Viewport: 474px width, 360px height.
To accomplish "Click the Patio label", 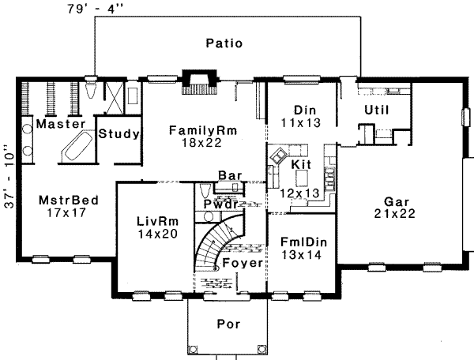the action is point(224,43).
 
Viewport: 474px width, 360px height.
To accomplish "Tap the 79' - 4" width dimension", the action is point(96,9).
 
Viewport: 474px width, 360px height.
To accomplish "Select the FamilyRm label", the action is point(203,130).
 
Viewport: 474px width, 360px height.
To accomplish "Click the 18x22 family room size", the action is point(201,143).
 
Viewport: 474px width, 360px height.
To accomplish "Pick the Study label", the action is point(118,133).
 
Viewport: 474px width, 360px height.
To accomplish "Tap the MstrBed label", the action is point(69,201).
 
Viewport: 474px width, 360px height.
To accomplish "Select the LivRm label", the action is point(158,221).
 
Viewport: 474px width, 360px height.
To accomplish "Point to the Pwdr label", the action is point(220,204).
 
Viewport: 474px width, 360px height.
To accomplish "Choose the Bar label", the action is point(230,175).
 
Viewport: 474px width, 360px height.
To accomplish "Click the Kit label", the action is point(301,164).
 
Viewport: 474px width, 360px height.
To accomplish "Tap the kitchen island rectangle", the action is point(303,178).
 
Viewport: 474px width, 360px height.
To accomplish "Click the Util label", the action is point(376,110).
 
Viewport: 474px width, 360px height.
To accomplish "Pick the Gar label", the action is point(397,201).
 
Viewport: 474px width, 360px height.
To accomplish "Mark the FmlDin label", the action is point(303,242).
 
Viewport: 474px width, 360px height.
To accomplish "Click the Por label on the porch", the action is point(228,324).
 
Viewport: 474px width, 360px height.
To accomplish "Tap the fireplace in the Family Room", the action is point(200,82).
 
